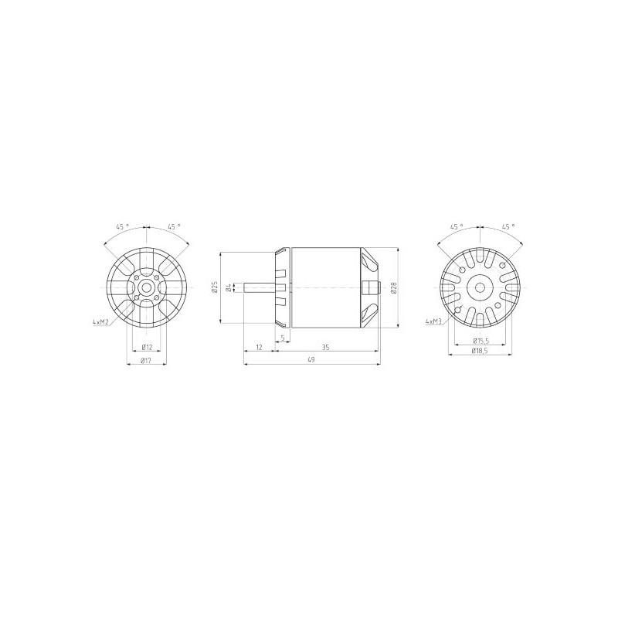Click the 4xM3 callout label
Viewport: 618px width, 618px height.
(x=433, y=321)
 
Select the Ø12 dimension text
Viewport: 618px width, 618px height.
(x=147, y=347)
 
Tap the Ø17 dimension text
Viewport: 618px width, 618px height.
(x=146, y=360)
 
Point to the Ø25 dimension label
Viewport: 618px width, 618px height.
(x=215, y=287)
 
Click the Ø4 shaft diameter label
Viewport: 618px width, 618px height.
(x=229, y=287)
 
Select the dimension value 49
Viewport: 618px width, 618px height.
(x=311, y=359)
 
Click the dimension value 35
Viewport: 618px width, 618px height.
(x=325, y=347)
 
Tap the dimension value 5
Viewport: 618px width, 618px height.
(x=283, y=338)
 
